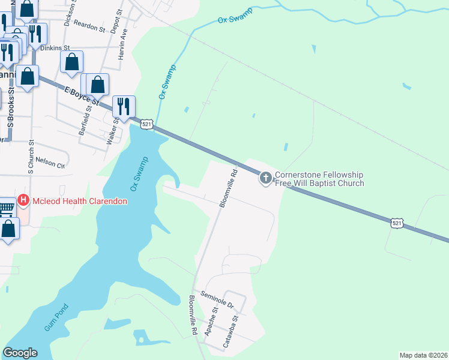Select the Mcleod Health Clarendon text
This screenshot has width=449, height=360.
click(x=80, y=201)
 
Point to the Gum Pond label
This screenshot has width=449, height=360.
click(x=57, y=318)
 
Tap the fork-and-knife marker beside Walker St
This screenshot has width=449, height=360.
click(x=124, y=106)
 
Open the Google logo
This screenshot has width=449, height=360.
click(x=20, y=353)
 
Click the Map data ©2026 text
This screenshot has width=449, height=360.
click(x=423, y=355)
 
